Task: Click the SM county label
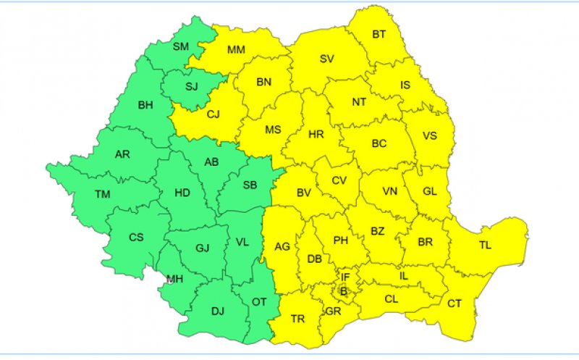[x=180, y=47]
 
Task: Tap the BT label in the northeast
[x=379, y=34]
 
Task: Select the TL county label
[x=484, y=246]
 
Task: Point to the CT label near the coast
[x=455, y=304]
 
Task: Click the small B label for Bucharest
[x=344, y=292]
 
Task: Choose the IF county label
[x=345, y=277]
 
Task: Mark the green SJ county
[x=191, y=87]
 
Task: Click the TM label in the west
[x=102, y=193]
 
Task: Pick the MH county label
[x=174, y=279]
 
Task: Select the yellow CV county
[x=340, y=180]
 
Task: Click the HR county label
[x=316, y=135]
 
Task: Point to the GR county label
[x=334, y=311]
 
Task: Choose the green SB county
[x=250, y=185]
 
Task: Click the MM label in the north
[x=236, y=50]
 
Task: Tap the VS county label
[x=430, y=135]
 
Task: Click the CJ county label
[x=214, y=114]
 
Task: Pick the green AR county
[x=122, y=154]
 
